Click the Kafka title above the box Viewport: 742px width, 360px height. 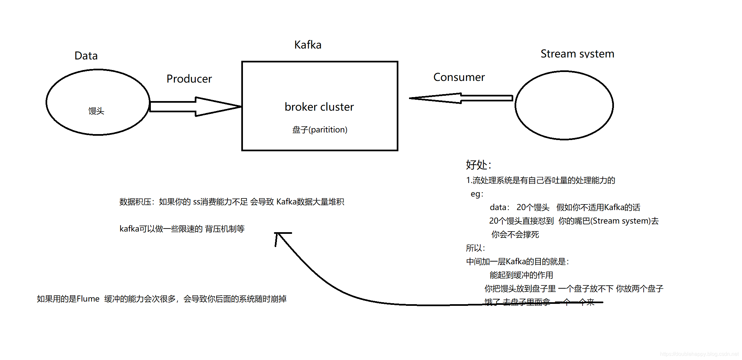[308, 45]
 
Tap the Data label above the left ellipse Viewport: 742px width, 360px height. [86, 55]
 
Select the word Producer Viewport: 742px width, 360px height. [189, 79]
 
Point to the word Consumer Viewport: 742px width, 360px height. [459, 77]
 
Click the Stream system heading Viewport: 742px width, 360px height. [577, 54]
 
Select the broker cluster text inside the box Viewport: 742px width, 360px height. [319, 107]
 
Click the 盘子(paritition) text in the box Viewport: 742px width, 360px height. [320, 129]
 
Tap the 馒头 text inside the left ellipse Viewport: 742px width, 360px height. [96, 111]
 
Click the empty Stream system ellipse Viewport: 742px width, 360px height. [564, 105]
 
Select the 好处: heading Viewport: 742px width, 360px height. [478, 164]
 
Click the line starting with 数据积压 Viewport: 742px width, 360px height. [232, 201]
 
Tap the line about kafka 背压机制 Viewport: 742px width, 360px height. [182, 229]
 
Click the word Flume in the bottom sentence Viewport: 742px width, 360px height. [88, 299]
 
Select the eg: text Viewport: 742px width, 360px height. [477, 194]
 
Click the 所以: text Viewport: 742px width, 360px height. [475, 248]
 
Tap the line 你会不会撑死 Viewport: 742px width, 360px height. [515, 234]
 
